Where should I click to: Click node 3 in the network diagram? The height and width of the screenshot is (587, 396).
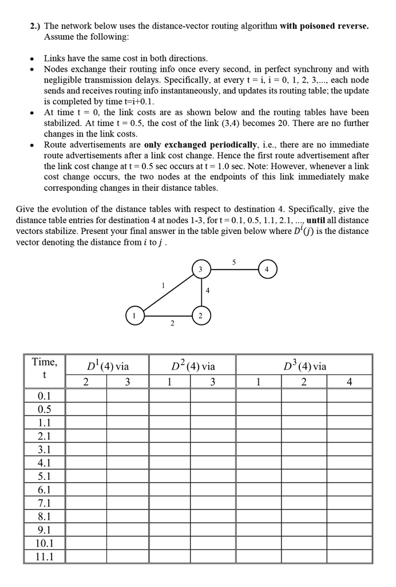[x=200, y=269]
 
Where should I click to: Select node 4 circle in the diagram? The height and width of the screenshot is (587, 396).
[x=267, y=269]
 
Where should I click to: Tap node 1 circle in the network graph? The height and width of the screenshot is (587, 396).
[x=135, y=315]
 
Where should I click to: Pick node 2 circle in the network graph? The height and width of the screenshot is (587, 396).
[x=200, y=315]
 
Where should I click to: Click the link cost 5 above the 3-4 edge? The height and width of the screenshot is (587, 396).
[x=233, y=262]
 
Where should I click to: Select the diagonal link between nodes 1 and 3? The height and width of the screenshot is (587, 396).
[x=168, y=292]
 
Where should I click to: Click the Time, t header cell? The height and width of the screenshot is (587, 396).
[x=44, y=367]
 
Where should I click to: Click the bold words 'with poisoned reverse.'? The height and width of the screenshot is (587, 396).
[x=324, y=26]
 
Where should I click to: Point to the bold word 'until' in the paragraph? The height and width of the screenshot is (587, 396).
[x=319, y=220]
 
